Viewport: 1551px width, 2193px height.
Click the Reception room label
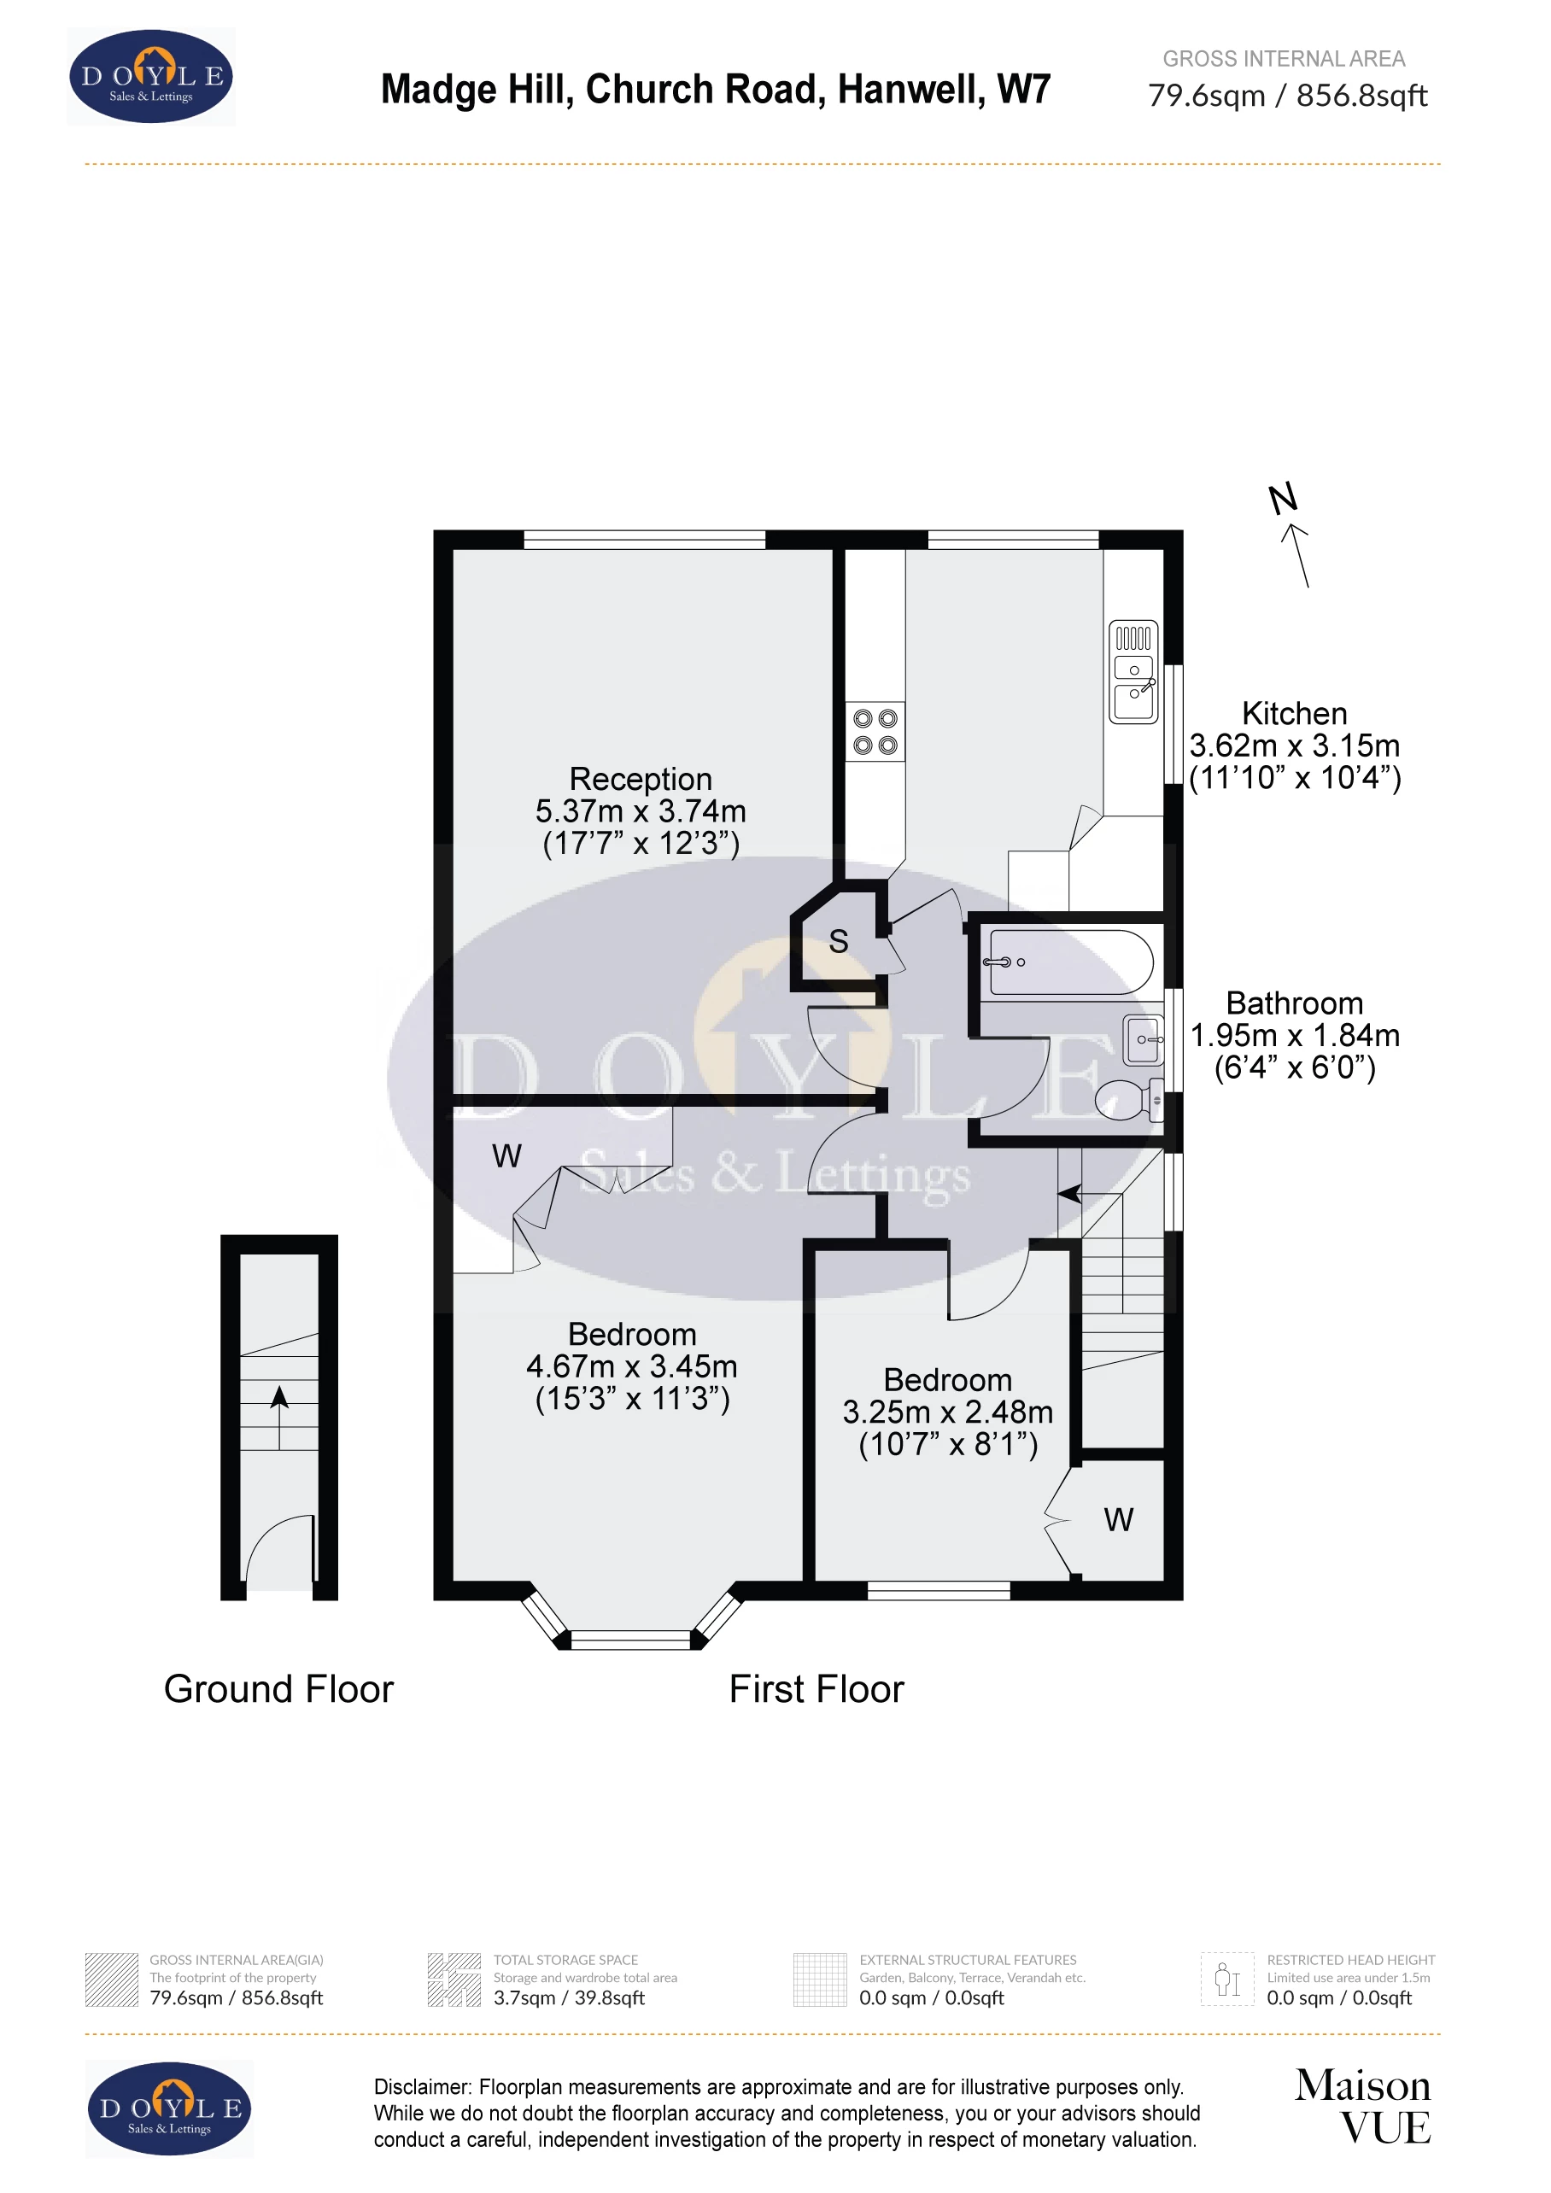tap(640, 779)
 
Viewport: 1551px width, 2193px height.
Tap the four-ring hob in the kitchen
tap(875, 732)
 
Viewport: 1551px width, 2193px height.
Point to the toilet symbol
tap(1127, 1099)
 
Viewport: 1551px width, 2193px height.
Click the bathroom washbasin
tap(1144, 1039)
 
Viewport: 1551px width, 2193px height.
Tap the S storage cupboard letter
tap(839, 942)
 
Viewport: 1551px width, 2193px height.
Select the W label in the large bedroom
tap(506, 1156)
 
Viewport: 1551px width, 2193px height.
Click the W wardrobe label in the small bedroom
tap(1118, 1519)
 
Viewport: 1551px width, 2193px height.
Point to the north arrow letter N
tap(1283, 498)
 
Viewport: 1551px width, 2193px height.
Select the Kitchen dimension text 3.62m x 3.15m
tap(1294, 745)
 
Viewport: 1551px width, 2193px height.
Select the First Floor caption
tap(816, 1688)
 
